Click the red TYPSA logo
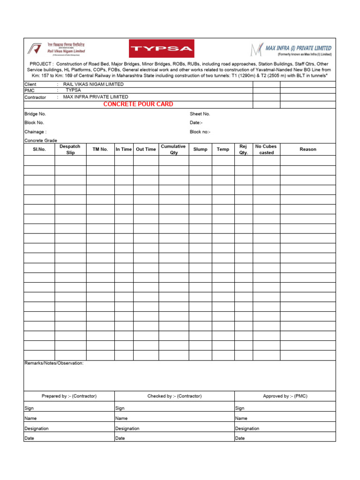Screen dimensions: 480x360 (x=162, y=48)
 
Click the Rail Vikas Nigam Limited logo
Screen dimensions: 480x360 (x=57, y=48)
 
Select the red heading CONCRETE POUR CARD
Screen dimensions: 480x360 (x=138, y=104)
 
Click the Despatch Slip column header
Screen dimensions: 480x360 (x=70, y=149)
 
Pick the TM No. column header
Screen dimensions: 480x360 (x=100, y=149)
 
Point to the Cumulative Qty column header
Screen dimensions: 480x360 (x=173, y=149)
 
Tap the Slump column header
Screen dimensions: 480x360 (x=200, y=149)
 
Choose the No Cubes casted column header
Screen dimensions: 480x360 (x=266, y=149)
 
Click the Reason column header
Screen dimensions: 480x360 (x=308, y=149)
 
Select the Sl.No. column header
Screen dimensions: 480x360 (x=39, y=149)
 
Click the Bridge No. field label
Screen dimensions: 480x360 (x=35, y=114)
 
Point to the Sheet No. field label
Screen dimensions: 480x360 (x=200, y=114)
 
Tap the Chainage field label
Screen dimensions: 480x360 (x=35, y=132)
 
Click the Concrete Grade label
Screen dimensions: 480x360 (x=41, y=141)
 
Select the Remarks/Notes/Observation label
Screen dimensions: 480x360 (x=54, y=363)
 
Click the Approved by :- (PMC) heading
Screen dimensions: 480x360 (x=285, y=396)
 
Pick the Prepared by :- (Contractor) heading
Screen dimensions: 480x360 (x=69, y=396)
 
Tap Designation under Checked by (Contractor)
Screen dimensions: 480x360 (x=127, y=428)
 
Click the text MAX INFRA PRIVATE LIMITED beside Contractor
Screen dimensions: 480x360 (x=96, y=97)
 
